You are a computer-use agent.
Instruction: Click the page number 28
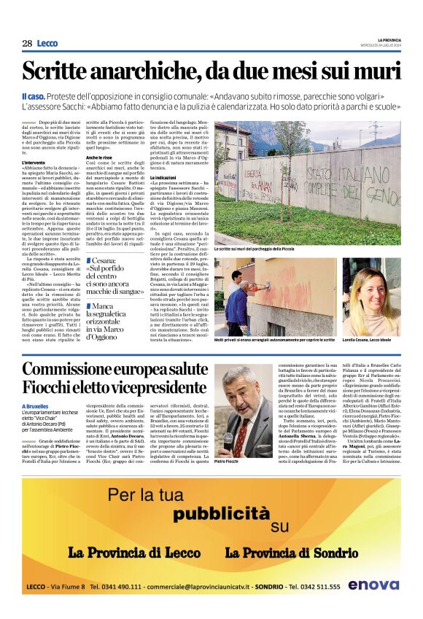[27, 43]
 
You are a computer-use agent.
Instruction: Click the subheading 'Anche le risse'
[98, 157]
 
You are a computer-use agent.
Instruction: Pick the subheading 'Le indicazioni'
[164, 177]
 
